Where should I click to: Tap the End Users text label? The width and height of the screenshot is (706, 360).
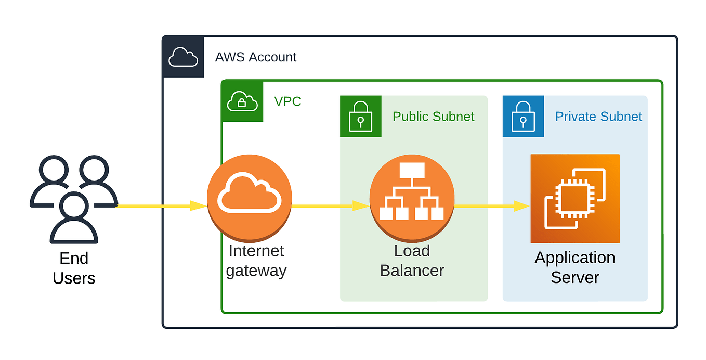pyautogui.click(x=74, y=268)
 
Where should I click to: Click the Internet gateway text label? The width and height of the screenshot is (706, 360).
pyautogui.click(x=256, y=261)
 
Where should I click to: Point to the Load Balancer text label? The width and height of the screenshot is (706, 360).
pyautogui.click(x=412, y=261)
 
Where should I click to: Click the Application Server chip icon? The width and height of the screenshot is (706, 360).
pyautogui.click(x=574, y=198)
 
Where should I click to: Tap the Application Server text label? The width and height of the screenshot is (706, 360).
pyautogui.click(x=574, y=267)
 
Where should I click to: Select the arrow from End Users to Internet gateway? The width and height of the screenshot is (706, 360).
pyautogui.click(x=161, y=206)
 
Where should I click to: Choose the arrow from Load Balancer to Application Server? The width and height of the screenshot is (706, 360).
pyautogui.click(x=491, y=206)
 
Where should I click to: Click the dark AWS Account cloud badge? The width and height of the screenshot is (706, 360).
pyautogui.click(x=183, y=57)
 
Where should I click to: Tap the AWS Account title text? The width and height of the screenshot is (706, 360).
pyautogui.click(x=256, y=57)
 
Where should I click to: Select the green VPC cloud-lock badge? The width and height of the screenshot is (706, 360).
pyautogui.click(x=242, y=101)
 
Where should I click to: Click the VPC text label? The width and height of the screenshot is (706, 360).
pyautogui.click(x=287, y=101)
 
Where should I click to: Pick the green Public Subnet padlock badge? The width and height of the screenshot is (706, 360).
pyautogui.click(x=360, y=116)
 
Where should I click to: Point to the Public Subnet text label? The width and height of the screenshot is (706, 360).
pyautogui.click(x=433, y=117)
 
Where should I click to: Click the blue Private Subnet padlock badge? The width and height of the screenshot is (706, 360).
pyautogui.click(x=523, y=116)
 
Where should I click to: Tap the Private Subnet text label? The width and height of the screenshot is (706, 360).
pyautogui.click(x=598, y=117)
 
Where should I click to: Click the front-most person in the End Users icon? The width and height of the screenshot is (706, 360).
pyautogui.click(x=74, y=218)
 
